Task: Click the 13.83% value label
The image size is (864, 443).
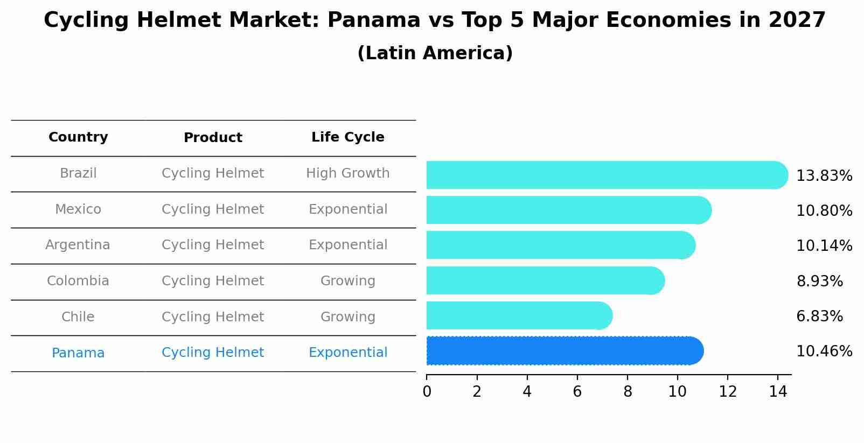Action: click(824, 176)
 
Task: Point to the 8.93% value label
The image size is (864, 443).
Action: click(819, 281)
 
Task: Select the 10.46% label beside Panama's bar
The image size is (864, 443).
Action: click(824, 351)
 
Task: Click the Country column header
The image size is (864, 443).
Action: click(78, 137)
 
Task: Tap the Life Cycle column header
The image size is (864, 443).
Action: click(347, 137)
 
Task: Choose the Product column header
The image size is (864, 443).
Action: click(213, 138)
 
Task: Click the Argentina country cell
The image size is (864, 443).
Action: click(78, 245)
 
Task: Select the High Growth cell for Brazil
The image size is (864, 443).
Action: click(347, 173)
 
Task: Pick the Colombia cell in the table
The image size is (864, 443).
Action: click(78, 281)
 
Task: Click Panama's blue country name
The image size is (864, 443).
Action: click(78, 353)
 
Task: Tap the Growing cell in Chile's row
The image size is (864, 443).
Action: click(347, 317)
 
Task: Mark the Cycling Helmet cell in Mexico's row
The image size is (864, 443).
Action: click(213, 209)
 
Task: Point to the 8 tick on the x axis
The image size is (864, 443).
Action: click(627, 391)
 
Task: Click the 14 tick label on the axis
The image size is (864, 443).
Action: click(778, 391)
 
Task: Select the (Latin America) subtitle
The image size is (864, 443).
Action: click(435, 53)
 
